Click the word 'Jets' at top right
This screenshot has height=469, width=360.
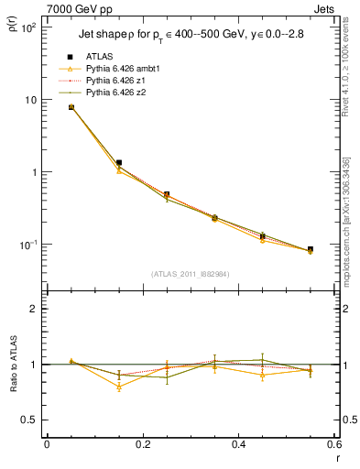325,8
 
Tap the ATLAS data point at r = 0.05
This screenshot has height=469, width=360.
71,107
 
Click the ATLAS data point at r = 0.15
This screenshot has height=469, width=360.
119,162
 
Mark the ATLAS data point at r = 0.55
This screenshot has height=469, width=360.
311,249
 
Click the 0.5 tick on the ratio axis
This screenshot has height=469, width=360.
34,420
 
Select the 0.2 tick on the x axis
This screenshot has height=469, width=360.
143,444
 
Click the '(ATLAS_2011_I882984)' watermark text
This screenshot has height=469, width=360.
191,273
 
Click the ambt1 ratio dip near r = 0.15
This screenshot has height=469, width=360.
119,387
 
